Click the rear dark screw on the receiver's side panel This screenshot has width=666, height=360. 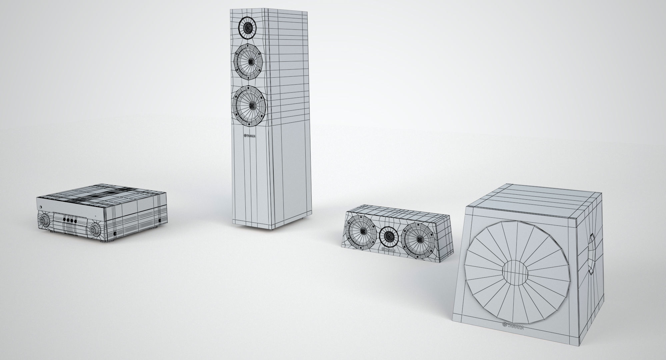(160, 220)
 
